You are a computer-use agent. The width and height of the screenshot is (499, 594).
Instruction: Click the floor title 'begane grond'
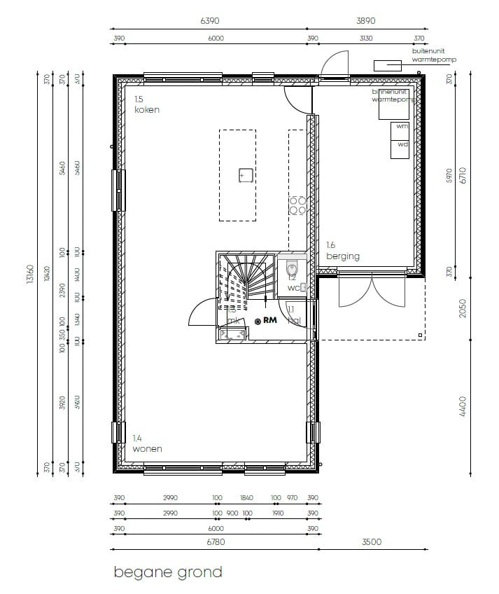[168, 572]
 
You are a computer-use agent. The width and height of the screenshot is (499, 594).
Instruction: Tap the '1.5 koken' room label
[147, 105]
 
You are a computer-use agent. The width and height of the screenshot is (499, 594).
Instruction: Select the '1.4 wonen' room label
[147, 443]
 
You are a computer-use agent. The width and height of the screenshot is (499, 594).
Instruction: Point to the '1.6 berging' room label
[342, 251]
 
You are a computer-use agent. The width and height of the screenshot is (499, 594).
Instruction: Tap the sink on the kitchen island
[245, 174]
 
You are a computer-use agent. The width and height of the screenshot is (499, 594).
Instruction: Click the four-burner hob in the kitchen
[297, 205]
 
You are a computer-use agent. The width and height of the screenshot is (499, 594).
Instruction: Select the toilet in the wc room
[292, 268]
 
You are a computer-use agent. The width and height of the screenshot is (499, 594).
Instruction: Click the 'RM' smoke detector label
[270, 321]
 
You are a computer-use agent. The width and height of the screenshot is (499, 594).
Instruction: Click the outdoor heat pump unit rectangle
[387, 65]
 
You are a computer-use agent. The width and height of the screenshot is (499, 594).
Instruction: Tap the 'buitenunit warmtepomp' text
[434, 55]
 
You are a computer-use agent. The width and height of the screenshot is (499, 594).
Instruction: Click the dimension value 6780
[216, 541]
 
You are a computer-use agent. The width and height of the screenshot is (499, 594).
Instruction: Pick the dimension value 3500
[372, 541]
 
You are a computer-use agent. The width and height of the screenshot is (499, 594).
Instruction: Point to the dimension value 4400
[462, 407]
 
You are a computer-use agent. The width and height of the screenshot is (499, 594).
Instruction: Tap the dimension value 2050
[462, 308]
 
